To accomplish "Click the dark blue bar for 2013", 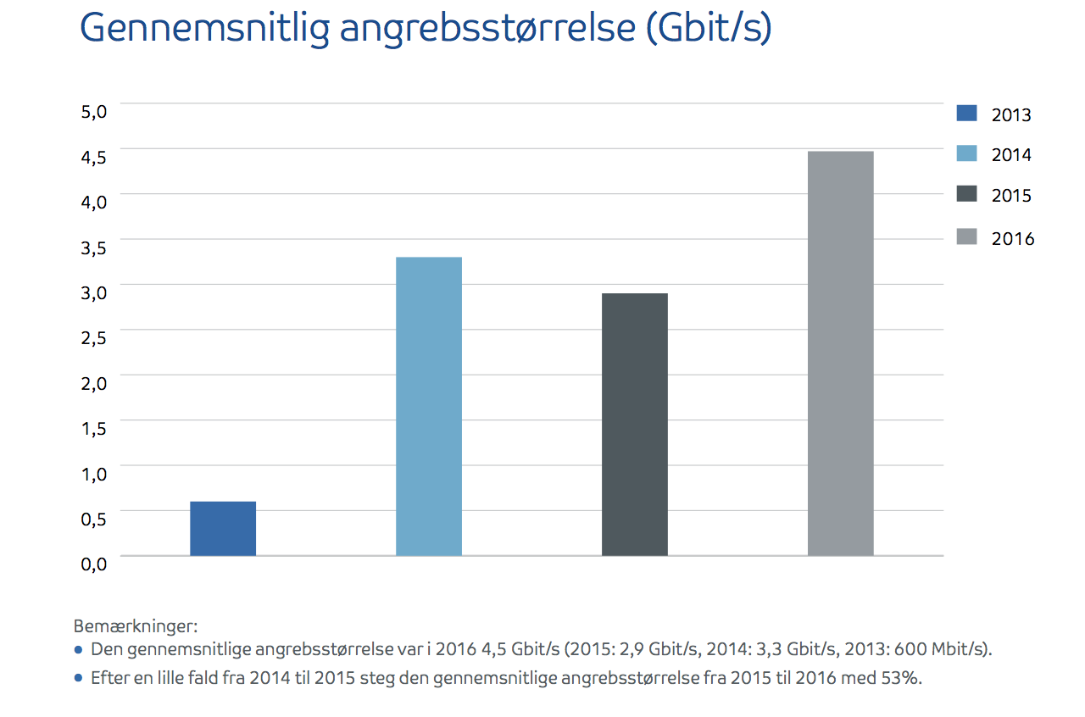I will pyautogui.click(x=223, y=529).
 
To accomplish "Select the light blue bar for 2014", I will pyautogui.click(x=429, y=407).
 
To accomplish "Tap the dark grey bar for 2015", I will pyautogui.click(x=635, y=425).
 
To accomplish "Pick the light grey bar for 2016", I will pyautogui.click(x=840, y=353).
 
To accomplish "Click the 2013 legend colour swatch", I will pyautogui.click(x=966, y=113).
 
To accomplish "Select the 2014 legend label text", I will pyautogui.click(x=1011, y=155).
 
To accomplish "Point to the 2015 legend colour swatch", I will pyautogui.click(x=966, y=195).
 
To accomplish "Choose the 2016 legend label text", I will pyautogui.click(x=1013, y=238).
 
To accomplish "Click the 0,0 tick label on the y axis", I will pyautogui.click(x=94, y=564).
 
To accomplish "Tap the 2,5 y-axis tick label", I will pyautogui.click(x=94, y=338).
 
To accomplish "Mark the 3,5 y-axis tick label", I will pyautogui.click(x=94, y=248).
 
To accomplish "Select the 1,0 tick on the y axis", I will pyautogui.click(x=94, y=474).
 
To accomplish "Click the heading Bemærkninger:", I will pyautogui.click(x=136, y=627).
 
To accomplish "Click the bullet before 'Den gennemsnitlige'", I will pyautogui.click(x=79, y=650).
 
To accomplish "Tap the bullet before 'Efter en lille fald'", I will pyautogui.click(x=79, y=678).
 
